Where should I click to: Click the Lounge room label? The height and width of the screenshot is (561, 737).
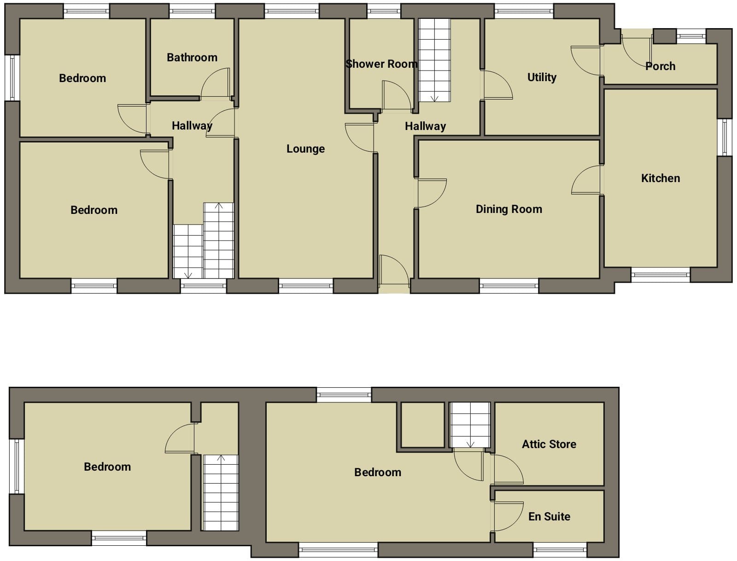305,149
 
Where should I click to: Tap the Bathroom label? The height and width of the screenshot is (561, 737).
192,58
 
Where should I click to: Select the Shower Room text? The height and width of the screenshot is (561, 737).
381,64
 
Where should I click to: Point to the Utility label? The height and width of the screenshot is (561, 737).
542,77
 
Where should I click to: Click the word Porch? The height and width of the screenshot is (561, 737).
660,66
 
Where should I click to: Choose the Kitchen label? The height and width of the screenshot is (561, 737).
661,178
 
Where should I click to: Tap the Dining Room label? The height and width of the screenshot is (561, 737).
509,209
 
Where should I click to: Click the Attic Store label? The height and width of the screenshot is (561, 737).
549,444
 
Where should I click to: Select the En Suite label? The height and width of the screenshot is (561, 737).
550,516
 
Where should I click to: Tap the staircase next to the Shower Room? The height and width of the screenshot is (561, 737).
434,60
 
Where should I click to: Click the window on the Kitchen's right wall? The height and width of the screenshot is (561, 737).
725,137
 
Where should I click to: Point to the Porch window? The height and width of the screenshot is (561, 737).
691,36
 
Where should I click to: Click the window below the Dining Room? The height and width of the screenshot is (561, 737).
509,286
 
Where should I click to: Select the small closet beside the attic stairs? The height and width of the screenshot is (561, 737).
423,425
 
